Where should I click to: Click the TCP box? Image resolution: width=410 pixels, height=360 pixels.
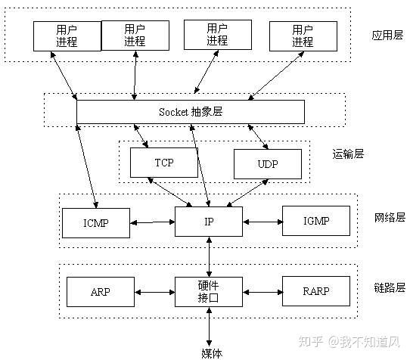(163, 163)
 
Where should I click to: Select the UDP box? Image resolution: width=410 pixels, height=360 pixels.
(267, 163)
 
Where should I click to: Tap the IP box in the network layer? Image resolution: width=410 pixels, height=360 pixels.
(208, 222)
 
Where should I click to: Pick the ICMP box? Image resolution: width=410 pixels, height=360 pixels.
(96, 222)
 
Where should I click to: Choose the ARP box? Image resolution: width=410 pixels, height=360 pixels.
(101, 291)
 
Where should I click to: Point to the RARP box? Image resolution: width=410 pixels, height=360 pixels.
(316, 291)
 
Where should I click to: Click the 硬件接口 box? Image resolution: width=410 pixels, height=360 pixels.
(208, 291)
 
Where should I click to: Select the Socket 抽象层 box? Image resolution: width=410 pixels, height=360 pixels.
(191, 111)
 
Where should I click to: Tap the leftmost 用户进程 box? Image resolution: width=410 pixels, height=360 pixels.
(66, 36)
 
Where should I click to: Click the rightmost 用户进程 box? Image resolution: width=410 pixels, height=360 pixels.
(302, 36)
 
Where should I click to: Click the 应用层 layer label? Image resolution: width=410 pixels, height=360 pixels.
(388, 36)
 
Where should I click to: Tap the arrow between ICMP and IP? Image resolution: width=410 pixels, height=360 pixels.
(152, 222)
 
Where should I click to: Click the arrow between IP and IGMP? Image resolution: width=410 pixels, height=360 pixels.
(262, 222)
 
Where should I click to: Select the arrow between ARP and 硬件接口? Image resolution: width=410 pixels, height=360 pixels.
(154, 291)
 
